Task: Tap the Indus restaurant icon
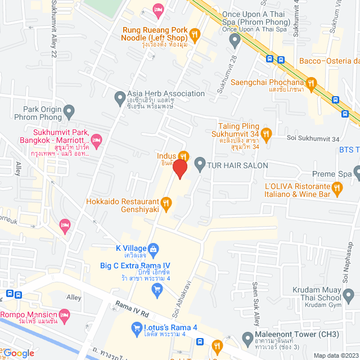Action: [183, 156]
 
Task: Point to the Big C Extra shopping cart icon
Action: [157, 289]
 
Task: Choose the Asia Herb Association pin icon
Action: [119, 98]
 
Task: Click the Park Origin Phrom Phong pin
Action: [69, 110]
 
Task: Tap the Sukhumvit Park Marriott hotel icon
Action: [96, 139]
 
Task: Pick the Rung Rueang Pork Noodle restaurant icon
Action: [195, 35]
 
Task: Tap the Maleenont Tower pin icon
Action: [246, 339]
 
